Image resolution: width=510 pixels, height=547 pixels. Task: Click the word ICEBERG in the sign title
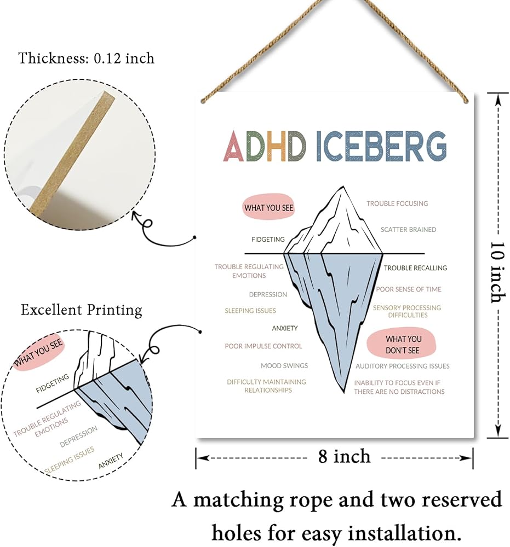[x=381, y=146]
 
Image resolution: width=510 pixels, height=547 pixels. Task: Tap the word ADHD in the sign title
[x=265, y=146]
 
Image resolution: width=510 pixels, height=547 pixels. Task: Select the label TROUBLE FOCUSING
[x=397, y=203]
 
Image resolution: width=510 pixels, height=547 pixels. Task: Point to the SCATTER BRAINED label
[x=408, y=230]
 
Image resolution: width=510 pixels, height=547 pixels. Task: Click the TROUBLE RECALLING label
[x=415, y=268]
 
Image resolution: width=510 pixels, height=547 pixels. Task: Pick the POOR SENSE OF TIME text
[x=408, y=289]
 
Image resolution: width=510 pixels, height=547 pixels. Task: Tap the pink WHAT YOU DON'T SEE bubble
[x=402, y=344]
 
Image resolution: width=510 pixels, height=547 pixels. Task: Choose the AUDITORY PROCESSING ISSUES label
[x=403, y=366]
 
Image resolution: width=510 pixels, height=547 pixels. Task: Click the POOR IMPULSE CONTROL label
[x=263, y=346]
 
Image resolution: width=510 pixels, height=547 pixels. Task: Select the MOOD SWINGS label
[x=284, y=365]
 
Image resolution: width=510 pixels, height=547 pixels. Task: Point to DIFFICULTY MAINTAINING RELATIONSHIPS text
[x=267, y=386]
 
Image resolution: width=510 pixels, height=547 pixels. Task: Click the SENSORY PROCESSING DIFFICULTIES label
[x=407, y=311]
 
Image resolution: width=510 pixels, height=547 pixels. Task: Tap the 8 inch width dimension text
[x=344, y=457]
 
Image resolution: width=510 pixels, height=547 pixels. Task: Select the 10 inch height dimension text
[x=497, y=272]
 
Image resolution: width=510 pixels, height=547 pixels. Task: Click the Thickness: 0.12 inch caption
[x=87, y=58]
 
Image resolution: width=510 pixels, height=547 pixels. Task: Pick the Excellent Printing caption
[x=82, y=310]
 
